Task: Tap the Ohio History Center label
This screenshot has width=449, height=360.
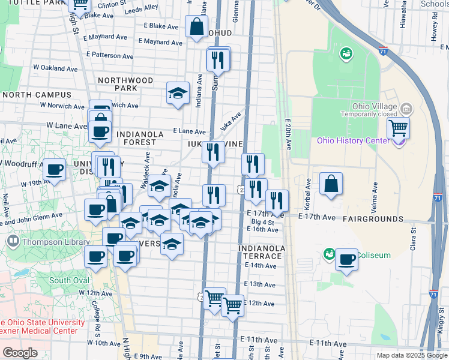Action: click(358, 141)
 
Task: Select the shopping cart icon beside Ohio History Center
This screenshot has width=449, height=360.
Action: click(397, 128)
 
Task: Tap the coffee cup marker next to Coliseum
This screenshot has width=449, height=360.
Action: click(346, 259)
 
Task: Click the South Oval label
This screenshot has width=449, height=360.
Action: click(69, 280)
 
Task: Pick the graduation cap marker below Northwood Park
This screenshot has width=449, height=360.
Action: click(177, 93)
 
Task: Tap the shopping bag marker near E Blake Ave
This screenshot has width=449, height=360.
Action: click(196, 26)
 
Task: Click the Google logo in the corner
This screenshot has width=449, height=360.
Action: click(20, 353)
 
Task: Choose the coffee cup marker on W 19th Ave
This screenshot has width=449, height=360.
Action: click(55, 170)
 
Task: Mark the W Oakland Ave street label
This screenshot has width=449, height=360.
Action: click(53, 69)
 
